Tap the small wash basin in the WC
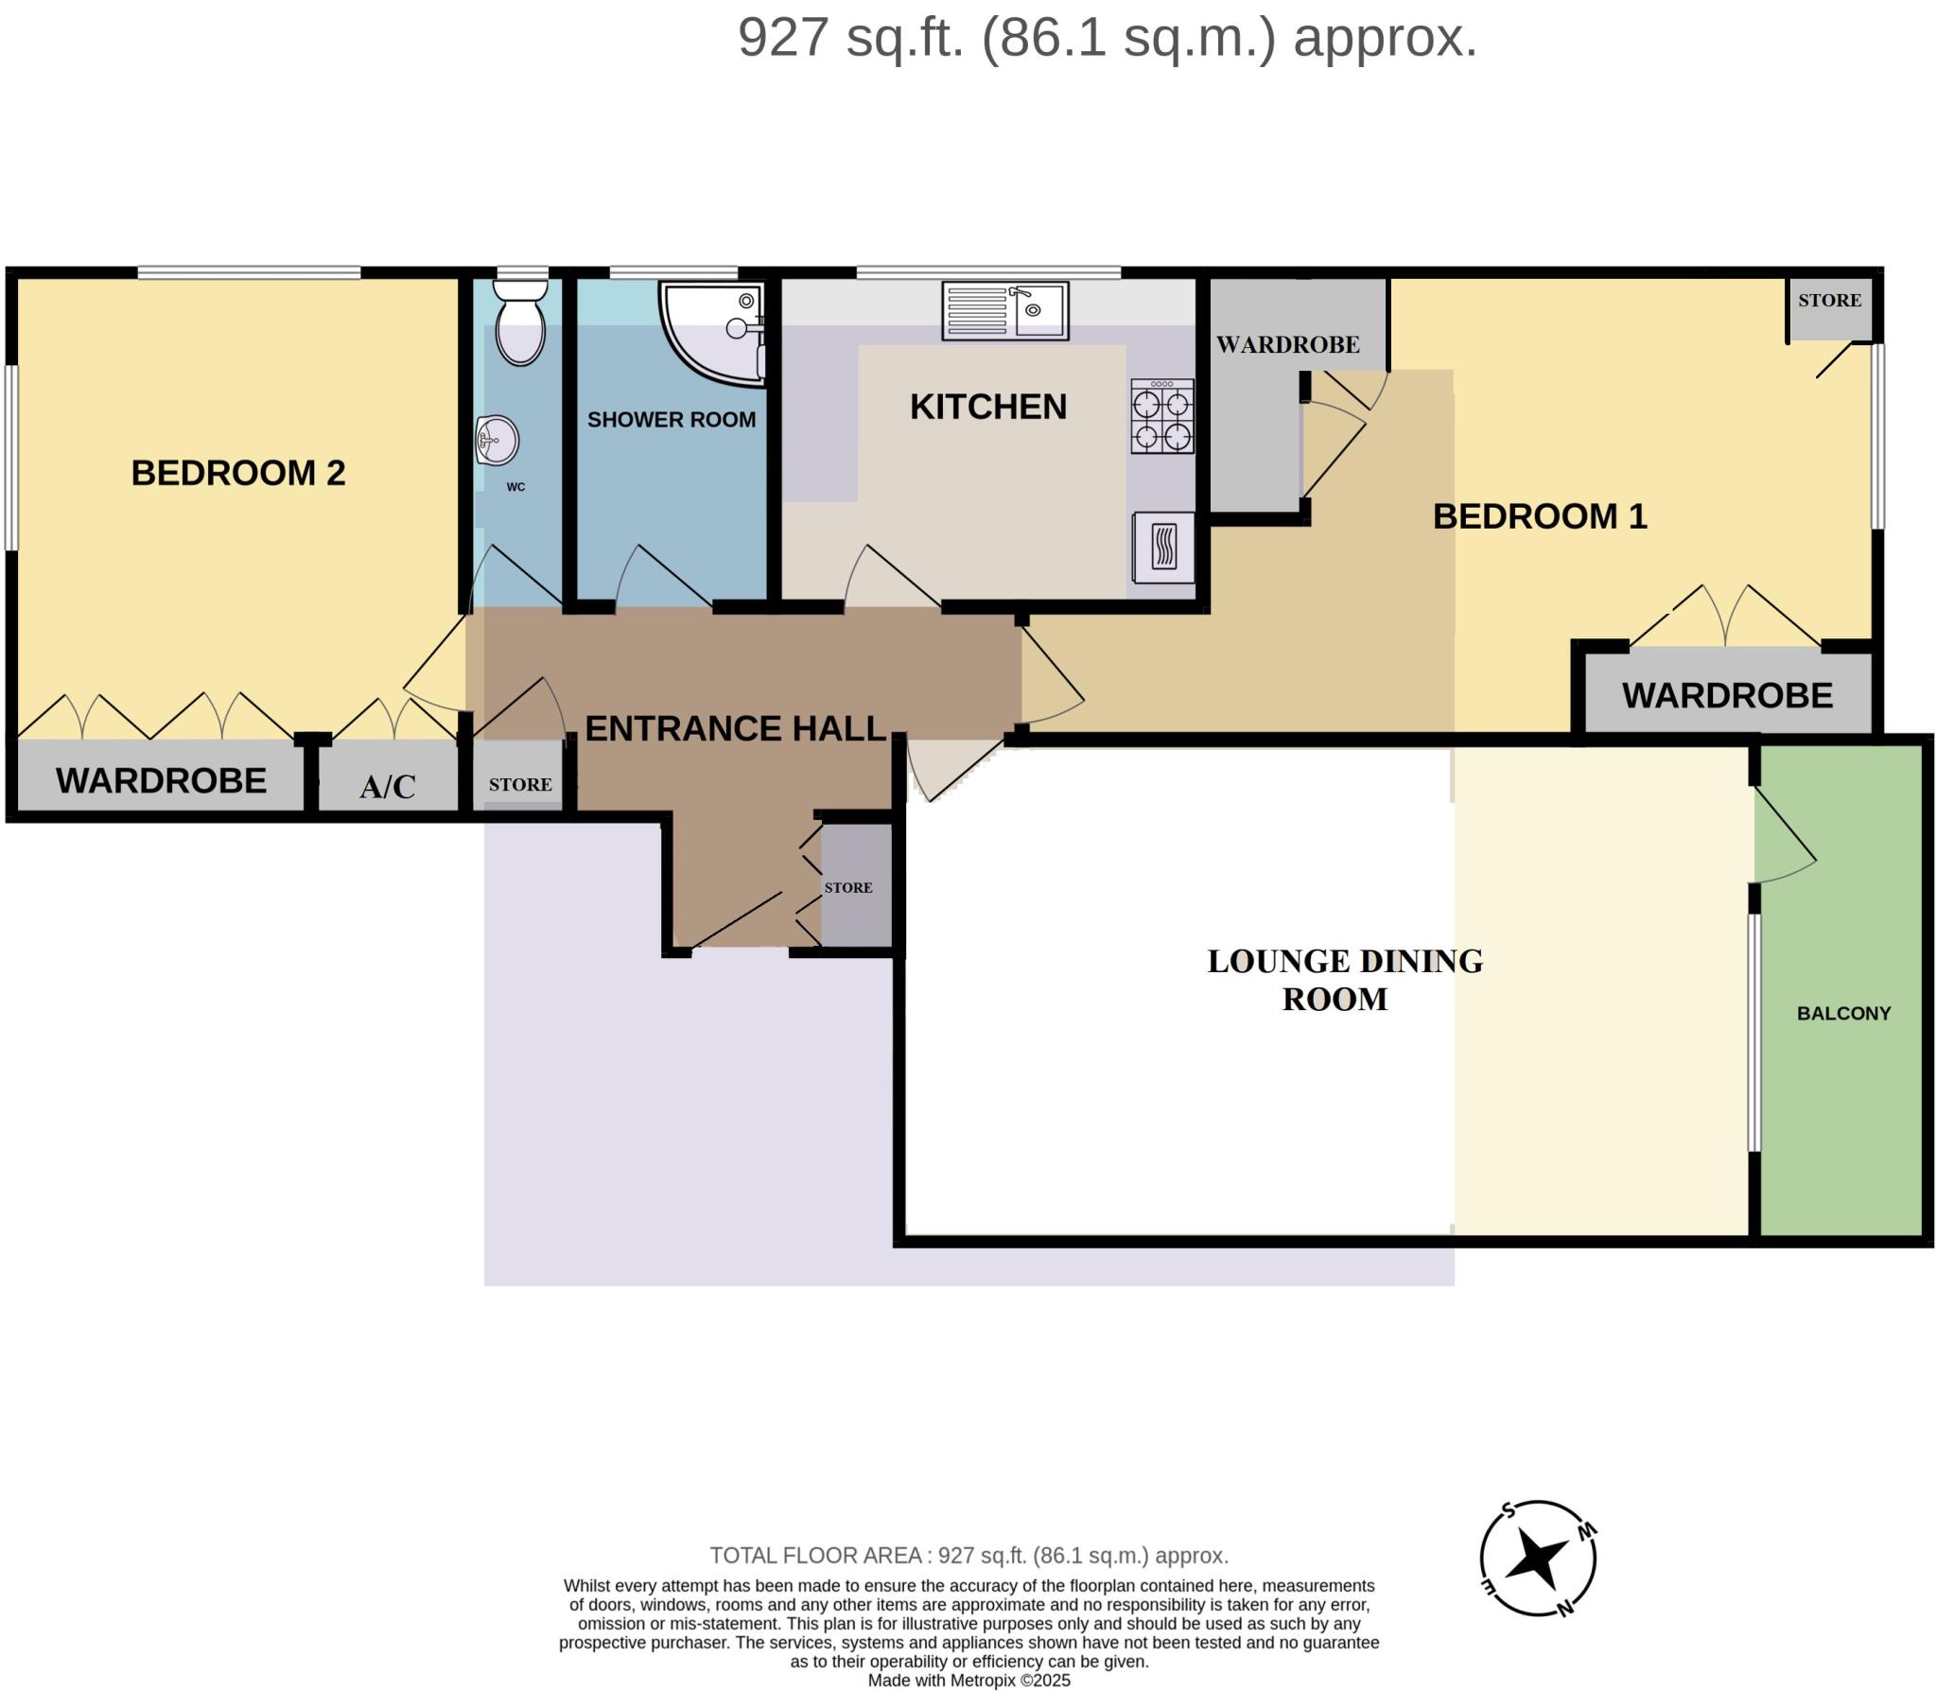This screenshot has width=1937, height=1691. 497,441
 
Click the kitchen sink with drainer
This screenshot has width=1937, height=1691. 1004,310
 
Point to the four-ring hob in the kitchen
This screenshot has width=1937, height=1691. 1162,417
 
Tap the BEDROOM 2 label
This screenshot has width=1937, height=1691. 237,473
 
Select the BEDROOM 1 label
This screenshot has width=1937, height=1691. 1539,516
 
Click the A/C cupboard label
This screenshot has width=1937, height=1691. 387,786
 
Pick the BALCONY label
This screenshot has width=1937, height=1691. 1842,1013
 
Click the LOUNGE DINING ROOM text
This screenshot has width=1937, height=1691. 1343,980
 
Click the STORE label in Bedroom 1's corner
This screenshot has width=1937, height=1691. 1828,301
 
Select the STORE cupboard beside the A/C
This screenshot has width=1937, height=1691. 519,784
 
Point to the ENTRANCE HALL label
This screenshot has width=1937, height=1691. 735,728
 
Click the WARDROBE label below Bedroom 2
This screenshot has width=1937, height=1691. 161,781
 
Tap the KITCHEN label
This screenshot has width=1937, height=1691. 987,407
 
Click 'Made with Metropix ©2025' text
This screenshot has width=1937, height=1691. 968,1681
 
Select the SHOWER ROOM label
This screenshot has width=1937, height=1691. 671,420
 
